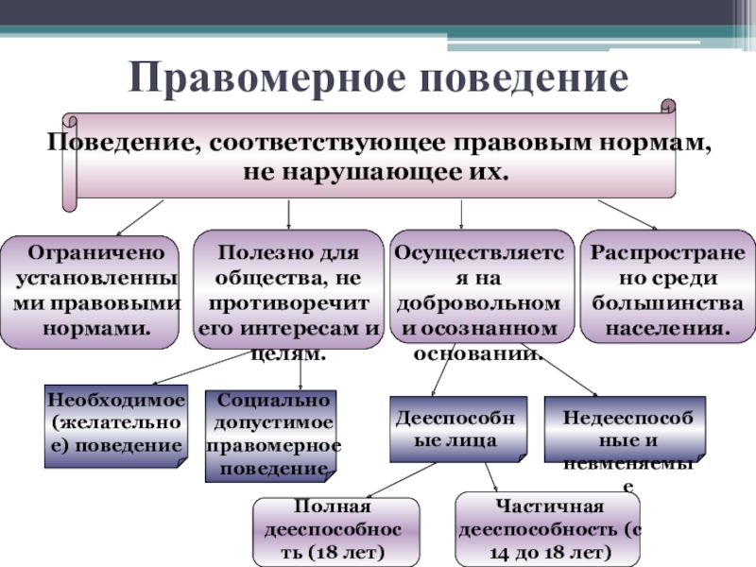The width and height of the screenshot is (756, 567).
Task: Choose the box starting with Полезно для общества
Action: [x=287, y=291]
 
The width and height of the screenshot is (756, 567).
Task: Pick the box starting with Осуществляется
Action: [x=482, y=291]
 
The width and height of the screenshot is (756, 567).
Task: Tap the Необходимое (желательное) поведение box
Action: [x=115, y=426]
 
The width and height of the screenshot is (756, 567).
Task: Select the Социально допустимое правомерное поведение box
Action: [x=271, y=436]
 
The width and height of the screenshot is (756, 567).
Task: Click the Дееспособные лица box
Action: [x=456, y=427]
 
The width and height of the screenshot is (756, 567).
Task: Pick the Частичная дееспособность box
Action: [x=549, y=529]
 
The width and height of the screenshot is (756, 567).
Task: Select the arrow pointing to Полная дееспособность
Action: [x=388, y=481]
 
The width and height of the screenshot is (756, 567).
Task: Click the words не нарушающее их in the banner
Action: [x=375, y=174]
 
